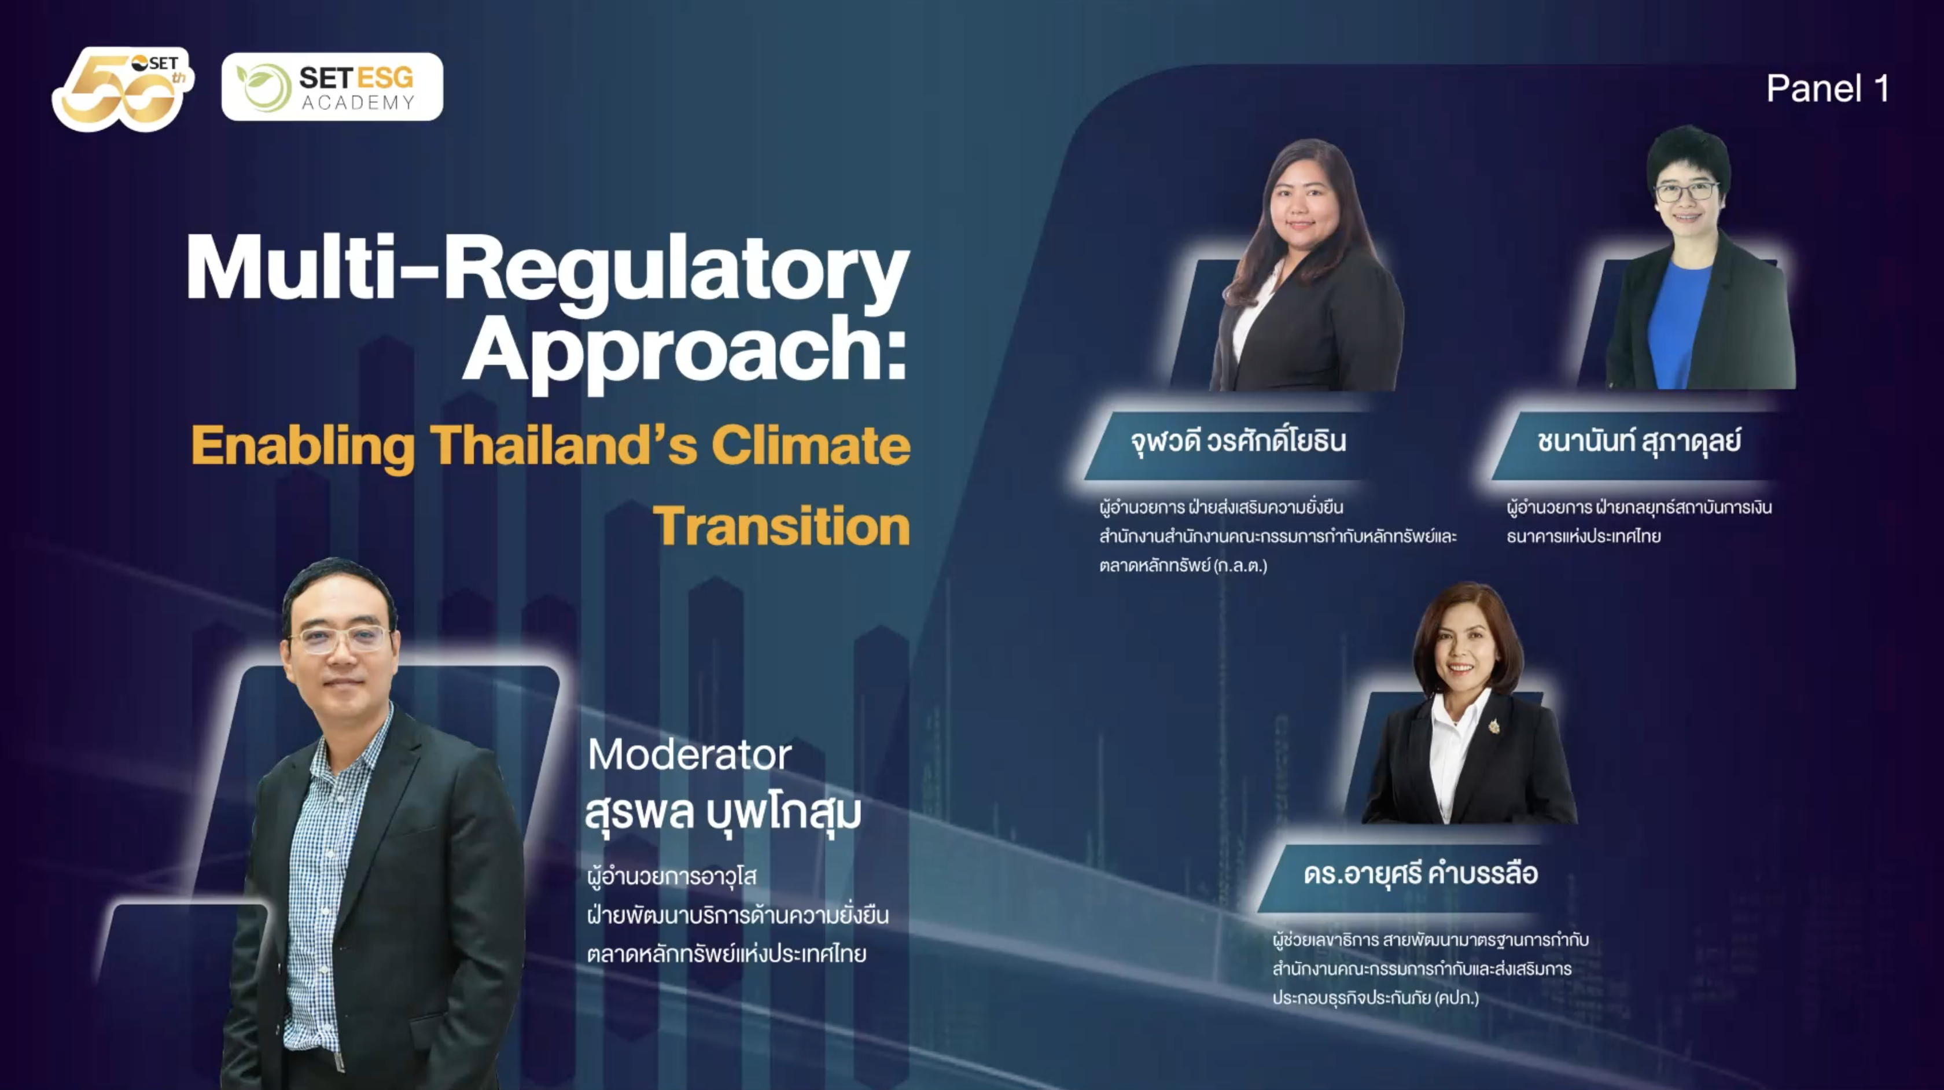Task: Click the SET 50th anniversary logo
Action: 122,89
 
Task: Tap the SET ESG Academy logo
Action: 332,87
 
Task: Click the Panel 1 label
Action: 1828,89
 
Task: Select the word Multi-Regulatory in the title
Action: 548,270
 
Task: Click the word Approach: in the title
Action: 685,352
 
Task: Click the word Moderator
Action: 690,754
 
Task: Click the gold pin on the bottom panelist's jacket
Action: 1493,726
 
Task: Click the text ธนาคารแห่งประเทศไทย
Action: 1584,536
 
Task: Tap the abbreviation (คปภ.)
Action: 1456,998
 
